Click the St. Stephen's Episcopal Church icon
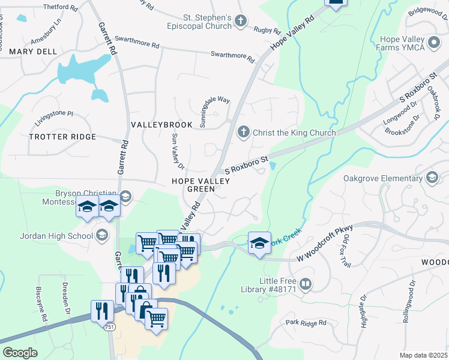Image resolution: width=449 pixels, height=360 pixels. [x=241, y=22]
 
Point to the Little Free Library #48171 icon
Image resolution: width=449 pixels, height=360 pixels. [x=306, y=284]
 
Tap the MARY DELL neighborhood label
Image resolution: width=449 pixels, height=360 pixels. [x=33, y=52]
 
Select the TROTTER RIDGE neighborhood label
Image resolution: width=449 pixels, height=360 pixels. [x=62, y=137]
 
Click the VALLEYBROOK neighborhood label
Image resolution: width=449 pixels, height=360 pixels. [x=162, y=125]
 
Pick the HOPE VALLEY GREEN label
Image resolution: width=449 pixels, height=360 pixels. [x=193, y=184]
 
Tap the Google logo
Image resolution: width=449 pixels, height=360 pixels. [x=20, y=353]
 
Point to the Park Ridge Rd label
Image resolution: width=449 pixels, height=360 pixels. [x=306, y=323]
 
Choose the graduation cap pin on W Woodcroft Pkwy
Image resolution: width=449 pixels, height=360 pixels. [x=259, y=243]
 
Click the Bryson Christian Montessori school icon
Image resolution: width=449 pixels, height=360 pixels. [x=125, y=196]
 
